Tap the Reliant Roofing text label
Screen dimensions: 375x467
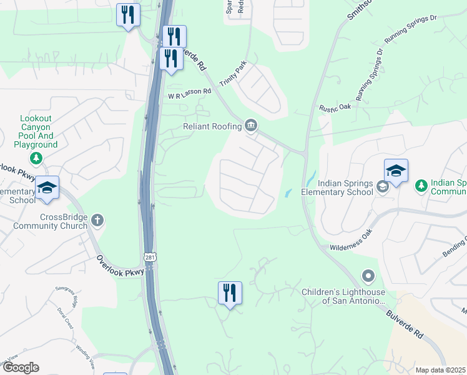click(x=212, y=126)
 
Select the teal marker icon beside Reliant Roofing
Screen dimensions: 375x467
click(x=251, y=126)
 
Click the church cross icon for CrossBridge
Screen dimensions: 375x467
click(x=96, y=220)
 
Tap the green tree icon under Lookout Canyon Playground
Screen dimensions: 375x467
click(x=37, y=158)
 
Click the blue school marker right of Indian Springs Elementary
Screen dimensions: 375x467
click(x=396, y=171)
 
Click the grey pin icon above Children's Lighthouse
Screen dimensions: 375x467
click(x=368, y=276)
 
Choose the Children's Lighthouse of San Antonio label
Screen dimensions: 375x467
click(x=343, y=296)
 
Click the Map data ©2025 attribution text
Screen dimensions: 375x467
click(x=440, y=370)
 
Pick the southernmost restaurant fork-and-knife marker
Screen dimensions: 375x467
click(x=229, y=293)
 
